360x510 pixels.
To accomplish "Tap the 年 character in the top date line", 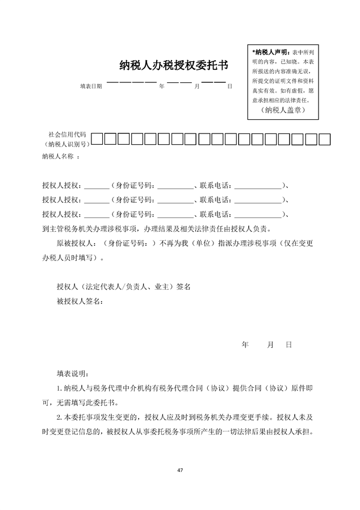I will (x=162, y=86).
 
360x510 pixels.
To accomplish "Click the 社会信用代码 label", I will (x=67, y=134).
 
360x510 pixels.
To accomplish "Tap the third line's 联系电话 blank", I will (x=257, y=214).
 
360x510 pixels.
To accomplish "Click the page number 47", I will (x=179, y=471).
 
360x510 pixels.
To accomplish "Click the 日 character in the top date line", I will (x=229, y=86).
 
